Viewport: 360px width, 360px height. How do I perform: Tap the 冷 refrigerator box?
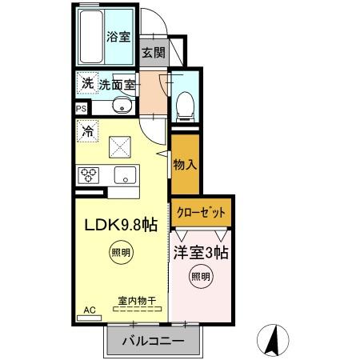[x=87, y=128]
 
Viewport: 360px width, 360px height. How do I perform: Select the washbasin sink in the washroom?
[x=122, y=105]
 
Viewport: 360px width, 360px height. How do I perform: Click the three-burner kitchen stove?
[x=88, y=176]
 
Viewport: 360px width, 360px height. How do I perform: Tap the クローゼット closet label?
[x=201, y=214]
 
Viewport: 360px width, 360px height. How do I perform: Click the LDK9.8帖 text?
[x=121, y=225]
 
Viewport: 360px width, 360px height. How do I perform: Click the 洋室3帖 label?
[x=201, y=253]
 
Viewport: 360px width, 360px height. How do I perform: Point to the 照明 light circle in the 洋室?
[x=201, y=278]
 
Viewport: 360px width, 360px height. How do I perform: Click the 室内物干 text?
[x=137, y=300]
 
